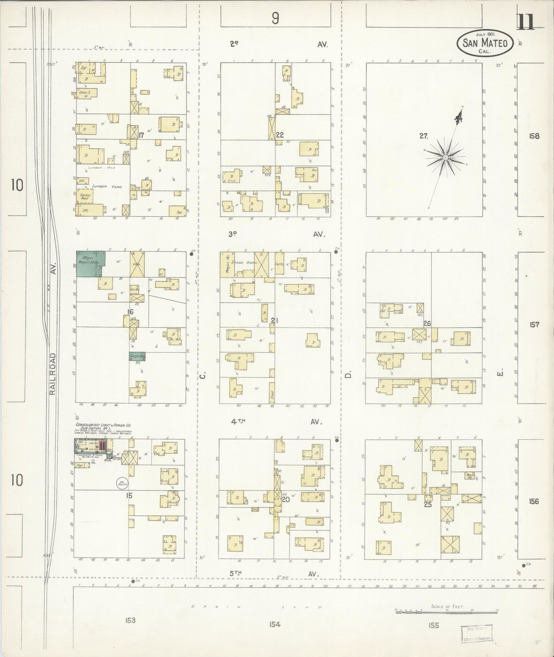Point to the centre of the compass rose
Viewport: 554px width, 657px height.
446,158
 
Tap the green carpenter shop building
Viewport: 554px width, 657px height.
137,356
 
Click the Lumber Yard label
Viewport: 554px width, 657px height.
107,187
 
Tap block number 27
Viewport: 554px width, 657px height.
423,135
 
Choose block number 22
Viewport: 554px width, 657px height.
279,135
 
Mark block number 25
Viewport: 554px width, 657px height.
427,505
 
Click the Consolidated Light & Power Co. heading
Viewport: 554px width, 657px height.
104,425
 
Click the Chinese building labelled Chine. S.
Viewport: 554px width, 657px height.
86,93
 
